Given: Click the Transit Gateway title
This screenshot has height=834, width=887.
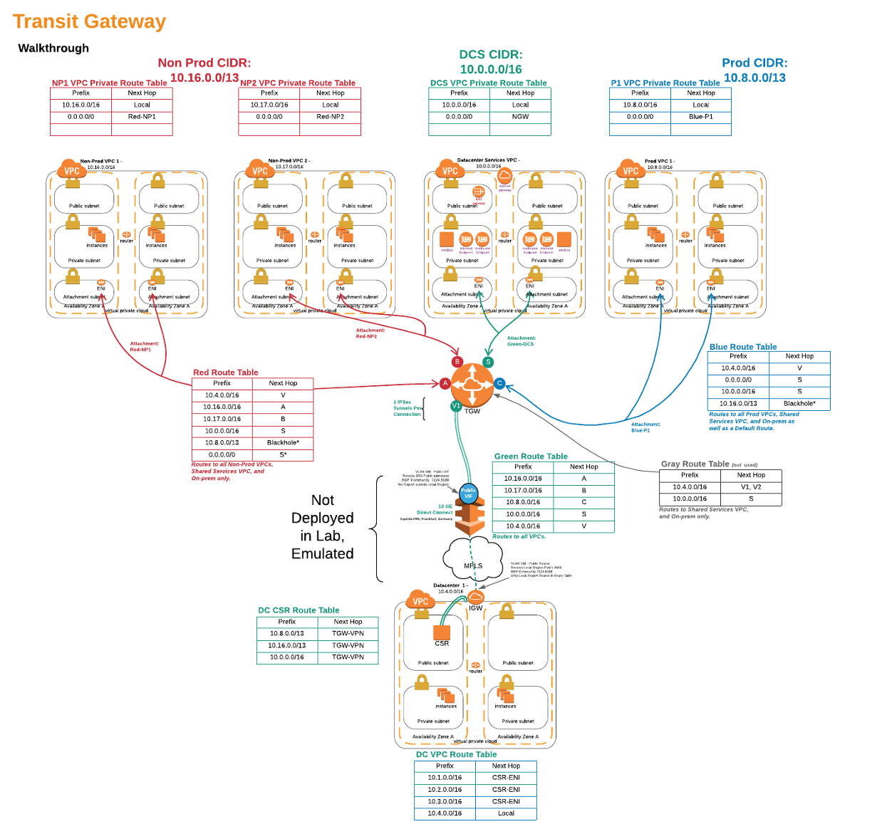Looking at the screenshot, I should coord(89,22).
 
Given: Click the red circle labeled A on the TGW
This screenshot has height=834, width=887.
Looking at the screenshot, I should coord(445,383).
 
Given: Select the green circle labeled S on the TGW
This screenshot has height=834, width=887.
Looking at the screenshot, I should coord(488,362).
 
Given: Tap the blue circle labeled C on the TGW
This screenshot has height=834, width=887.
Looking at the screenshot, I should coord(499,383).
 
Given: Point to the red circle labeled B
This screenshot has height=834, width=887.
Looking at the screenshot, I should coord(457,362).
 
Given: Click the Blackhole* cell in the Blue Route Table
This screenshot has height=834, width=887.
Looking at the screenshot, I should coord(799,404).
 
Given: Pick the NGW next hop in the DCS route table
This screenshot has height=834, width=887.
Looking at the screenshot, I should coord(520,117).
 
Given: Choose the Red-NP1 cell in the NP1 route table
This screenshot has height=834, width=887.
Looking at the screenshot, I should coord(142,117).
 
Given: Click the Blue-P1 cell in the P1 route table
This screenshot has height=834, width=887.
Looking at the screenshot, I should coord(700,117).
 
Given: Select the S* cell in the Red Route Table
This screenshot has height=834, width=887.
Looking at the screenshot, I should coord(283,454).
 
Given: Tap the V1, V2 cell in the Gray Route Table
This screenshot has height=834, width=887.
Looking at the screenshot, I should coord(751,487).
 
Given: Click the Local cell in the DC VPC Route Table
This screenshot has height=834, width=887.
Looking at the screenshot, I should coord(506,813).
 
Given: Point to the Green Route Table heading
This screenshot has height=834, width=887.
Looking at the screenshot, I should coord(531,457).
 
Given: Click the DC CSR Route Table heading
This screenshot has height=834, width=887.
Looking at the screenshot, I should coord(299,610).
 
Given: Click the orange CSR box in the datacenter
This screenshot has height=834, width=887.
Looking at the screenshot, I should coord(442,632).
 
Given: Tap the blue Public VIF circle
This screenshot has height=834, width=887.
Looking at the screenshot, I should coord(469,493).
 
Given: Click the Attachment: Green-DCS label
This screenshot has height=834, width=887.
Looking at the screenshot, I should coord(521,341).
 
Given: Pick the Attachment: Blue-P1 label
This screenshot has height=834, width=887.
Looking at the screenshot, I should coord(645,427).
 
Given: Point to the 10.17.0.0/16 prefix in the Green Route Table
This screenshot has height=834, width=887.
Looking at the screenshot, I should coord(523,491).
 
